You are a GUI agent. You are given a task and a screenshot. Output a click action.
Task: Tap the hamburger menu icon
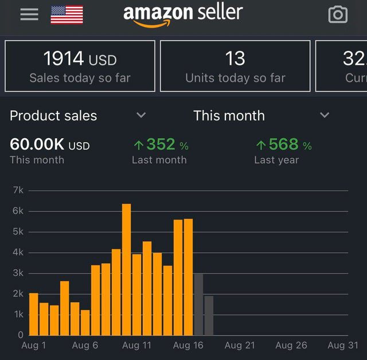(29, 14)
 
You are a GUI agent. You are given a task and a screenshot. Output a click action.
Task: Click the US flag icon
(67, 15)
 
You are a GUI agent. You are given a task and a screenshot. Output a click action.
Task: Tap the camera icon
(338, 15)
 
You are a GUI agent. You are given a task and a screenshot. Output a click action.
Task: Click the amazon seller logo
(183, 14)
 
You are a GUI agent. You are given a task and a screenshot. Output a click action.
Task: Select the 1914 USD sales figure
(80, 58)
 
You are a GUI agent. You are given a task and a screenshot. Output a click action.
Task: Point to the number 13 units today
(235, 58)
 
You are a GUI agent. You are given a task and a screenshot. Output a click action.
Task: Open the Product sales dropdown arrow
(141, 115)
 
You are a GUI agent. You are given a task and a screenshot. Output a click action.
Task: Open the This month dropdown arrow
(325, 115)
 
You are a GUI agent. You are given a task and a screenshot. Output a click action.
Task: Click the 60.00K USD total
(50, 144)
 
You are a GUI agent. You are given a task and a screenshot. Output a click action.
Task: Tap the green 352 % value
(161, 144)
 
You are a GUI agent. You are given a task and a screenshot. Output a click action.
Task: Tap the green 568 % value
(283, 144)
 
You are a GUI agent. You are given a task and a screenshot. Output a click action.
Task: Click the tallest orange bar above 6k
(126, 269)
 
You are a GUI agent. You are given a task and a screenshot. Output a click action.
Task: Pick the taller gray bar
(198, 304)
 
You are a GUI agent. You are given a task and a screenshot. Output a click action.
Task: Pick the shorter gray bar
(209, 315)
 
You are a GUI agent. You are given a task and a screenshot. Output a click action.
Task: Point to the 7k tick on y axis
(18, 191)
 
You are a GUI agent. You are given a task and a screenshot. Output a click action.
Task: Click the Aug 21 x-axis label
(240, 345)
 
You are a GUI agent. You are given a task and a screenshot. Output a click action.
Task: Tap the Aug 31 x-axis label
(343, 345)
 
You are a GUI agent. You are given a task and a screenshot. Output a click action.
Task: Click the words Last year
(276, 160)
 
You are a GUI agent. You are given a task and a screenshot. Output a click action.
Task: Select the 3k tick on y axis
(18, 273)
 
